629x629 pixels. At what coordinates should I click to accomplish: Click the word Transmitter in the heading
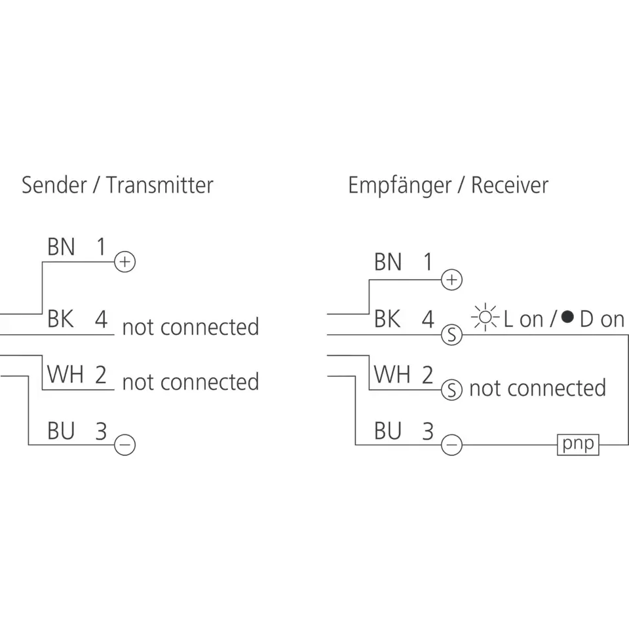(x=160, y=185)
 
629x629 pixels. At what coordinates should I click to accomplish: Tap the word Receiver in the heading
(x=509, y=185)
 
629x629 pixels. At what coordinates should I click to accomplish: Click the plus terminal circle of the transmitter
(x=124, y=262)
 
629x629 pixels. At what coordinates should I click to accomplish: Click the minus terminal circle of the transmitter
(x=124, y=446)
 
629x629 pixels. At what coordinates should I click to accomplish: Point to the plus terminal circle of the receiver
(x=451, y=280)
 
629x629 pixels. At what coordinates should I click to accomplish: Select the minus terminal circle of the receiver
(x=451, y=446)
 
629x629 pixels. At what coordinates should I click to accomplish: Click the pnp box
(x=578, y=444)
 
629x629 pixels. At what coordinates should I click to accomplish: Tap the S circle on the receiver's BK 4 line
(x=451, y=335)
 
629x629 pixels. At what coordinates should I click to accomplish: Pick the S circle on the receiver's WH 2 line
(x=451, y=390)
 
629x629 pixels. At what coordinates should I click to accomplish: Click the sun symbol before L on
(x=485, y=318)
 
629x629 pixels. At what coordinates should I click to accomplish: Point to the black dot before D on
(x=567, y=318)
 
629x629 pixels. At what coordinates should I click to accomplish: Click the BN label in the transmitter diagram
(x=61, y=247)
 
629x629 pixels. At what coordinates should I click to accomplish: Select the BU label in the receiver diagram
(x=388, y=431)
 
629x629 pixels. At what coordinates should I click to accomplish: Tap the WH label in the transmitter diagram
(x=65, y=375)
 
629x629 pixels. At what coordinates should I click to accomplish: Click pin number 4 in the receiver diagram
(x=428, y=319)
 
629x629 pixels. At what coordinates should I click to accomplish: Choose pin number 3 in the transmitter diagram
(x=101, y=431)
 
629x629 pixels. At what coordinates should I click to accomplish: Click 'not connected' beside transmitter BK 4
(x=191, y=326)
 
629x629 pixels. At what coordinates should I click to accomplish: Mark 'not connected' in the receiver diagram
(x=537, y=388)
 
